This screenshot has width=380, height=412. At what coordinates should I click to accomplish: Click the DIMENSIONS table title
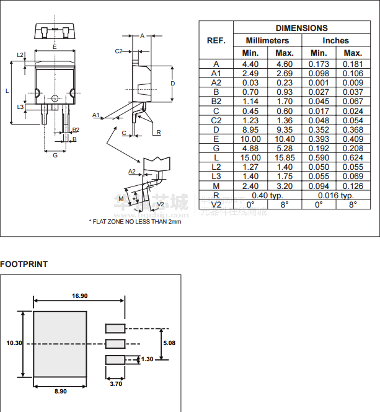click(x=301, y=28)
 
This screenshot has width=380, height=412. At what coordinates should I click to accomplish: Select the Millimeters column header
click(x=268, y=40)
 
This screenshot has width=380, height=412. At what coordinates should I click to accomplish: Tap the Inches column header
click(x=335, y=40)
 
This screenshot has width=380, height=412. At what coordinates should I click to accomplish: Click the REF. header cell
click(x=216, y=40)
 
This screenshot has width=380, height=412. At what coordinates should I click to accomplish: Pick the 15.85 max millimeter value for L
click(x=285, y=158)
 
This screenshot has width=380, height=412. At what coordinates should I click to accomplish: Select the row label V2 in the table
click(x=216, y=204)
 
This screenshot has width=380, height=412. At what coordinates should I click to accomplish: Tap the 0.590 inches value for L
click(x=319, y=158)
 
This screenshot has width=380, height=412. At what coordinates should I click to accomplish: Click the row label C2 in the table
click(x=216, y=120)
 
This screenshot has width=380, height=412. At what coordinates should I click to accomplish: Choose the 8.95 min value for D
click(x=250, y=129)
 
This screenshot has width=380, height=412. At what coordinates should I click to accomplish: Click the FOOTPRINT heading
click(x=24, y=265)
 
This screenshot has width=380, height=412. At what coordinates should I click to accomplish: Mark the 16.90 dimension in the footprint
click(x=79, y=296)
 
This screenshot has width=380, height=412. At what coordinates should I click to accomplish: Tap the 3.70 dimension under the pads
click(x=115, y=384)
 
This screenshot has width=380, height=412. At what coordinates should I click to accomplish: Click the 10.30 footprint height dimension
click(x=14, y=343)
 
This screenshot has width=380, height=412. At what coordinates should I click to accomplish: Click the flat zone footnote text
click(x=135, y=221)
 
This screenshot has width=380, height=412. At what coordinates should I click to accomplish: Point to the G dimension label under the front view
click(x=55, y=155)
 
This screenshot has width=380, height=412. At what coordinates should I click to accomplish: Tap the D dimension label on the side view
click(x=173, y=83)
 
